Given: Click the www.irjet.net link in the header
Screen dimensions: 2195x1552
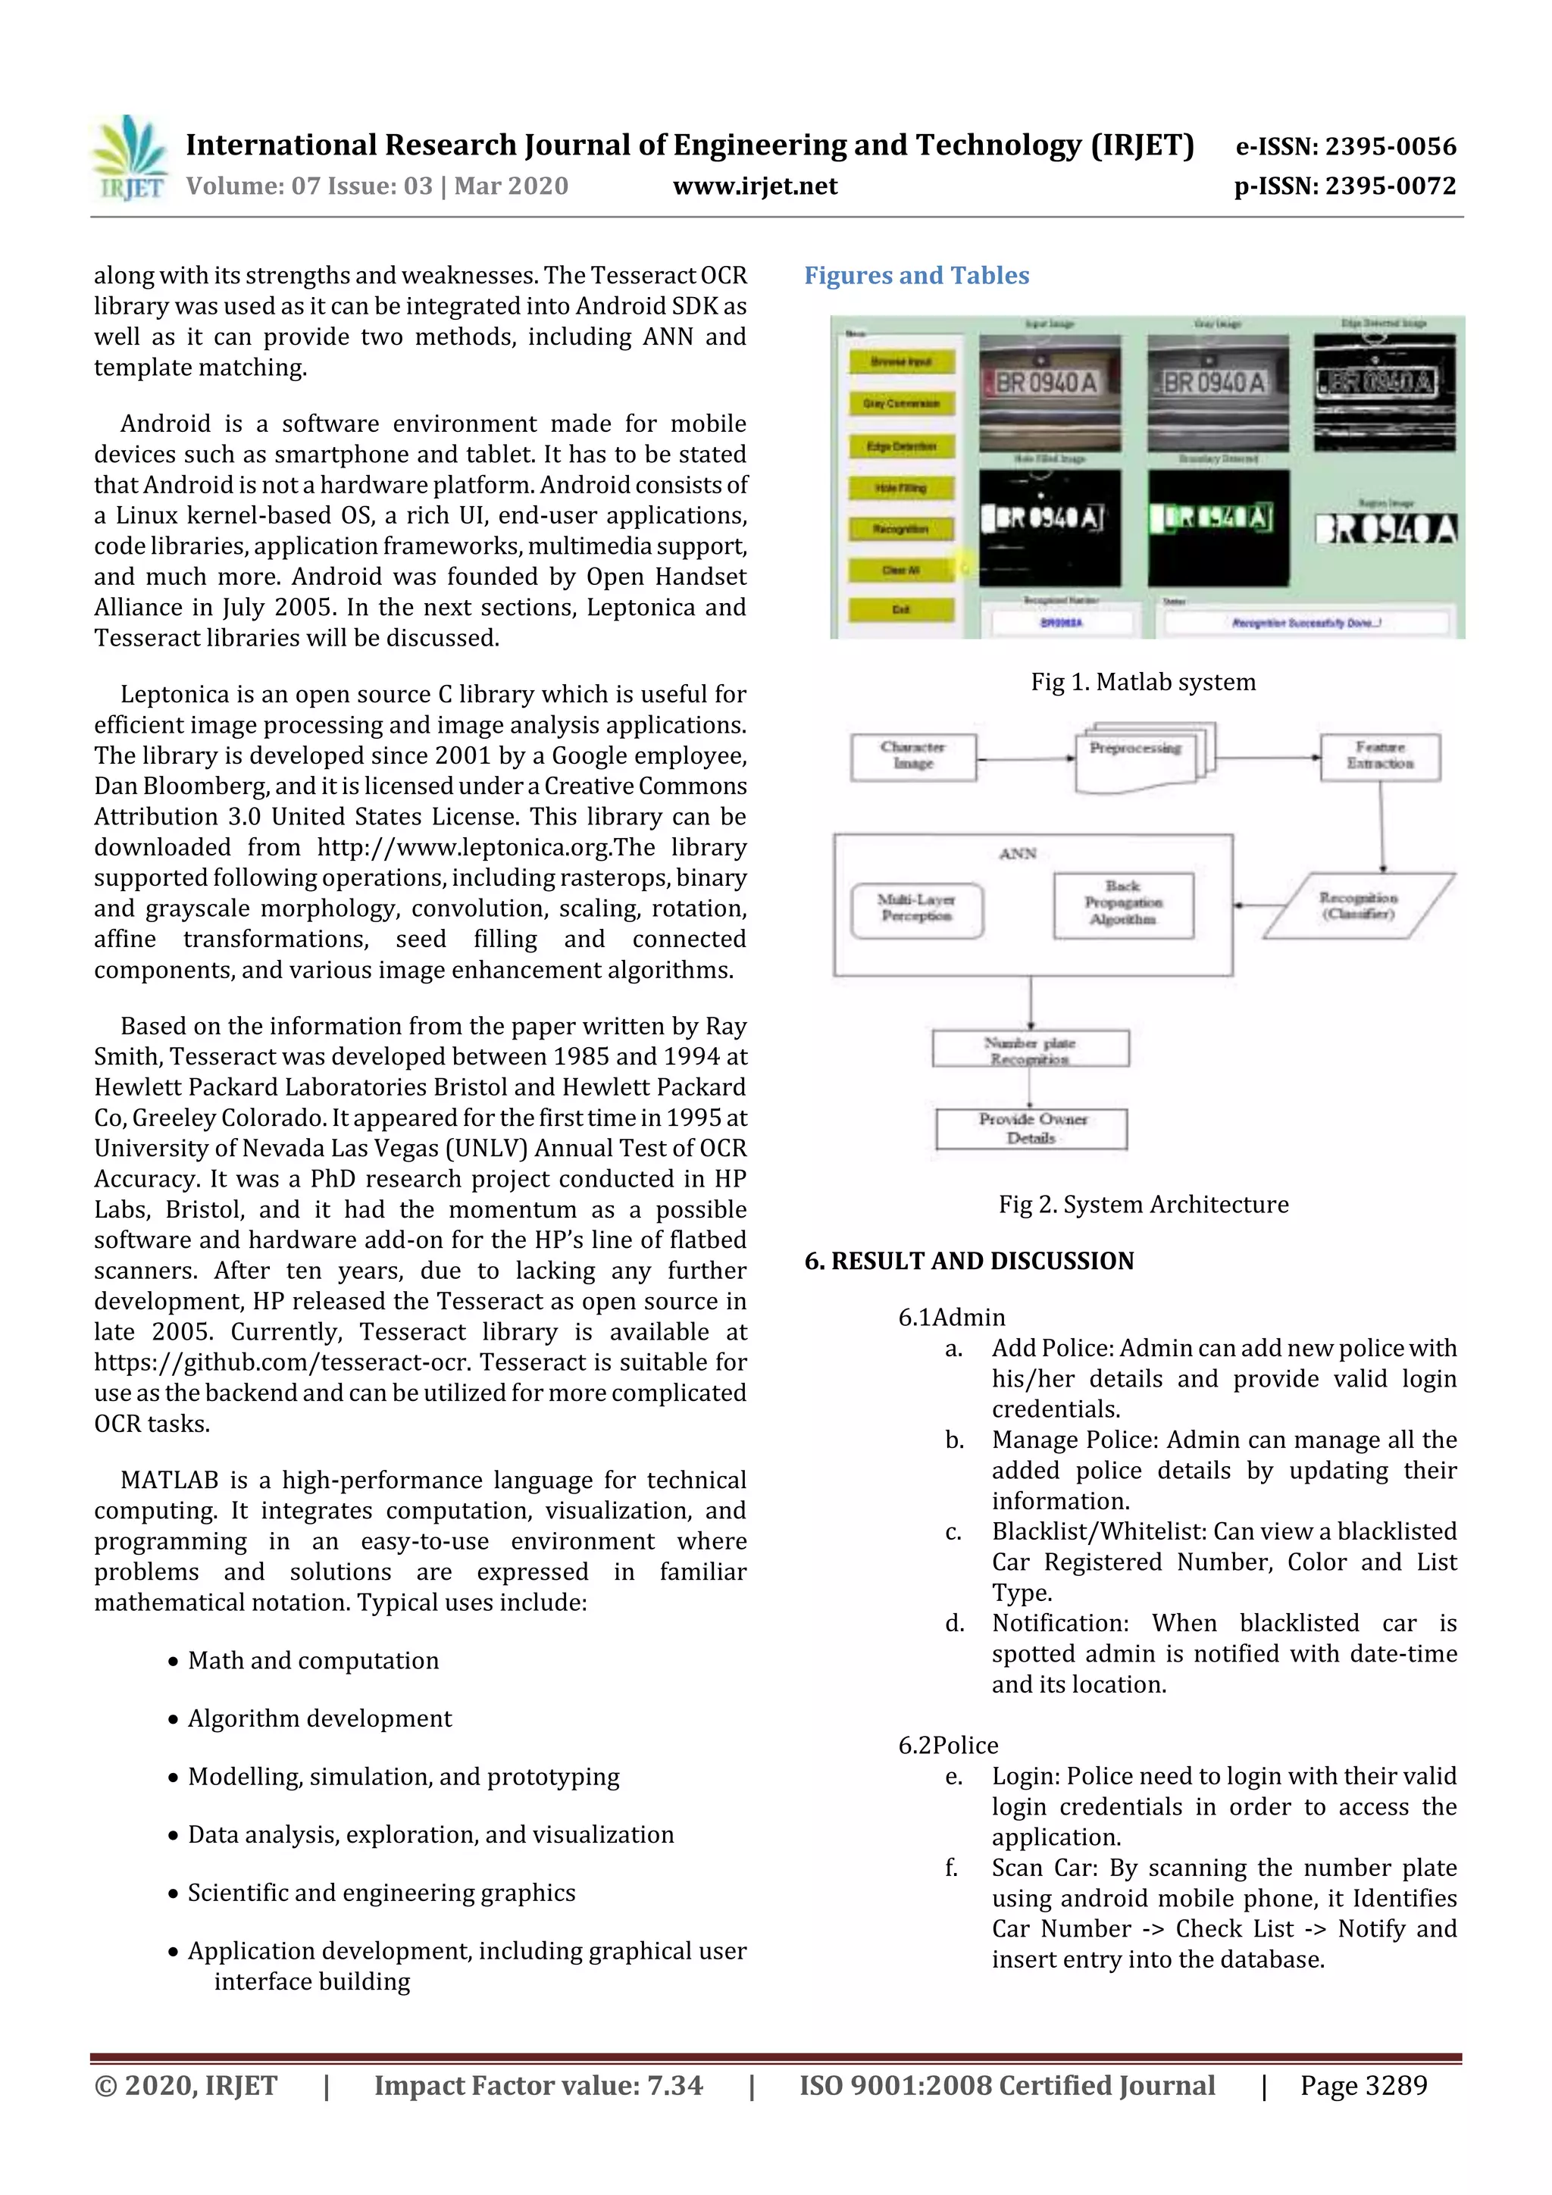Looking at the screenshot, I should [755, 186].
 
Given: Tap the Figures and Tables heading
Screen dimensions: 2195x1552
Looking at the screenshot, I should [916, 277].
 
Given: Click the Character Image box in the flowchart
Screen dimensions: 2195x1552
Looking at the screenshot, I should [913, 756].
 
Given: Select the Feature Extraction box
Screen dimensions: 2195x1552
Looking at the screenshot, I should [1380, 756].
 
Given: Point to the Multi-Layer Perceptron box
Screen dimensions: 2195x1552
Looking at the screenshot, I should [916, 909].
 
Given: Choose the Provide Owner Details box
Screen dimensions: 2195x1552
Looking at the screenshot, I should [1032, 1129].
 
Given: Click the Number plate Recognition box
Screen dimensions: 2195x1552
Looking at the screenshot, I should [1030, 1049].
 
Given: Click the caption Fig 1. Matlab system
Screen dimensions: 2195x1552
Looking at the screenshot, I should [1143, 683].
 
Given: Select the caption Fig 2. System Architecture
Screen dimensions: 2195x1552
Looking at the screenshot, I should [1143, 1205].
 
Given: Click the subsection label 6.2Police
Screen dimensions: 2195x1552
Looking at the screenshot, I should [948, 1746].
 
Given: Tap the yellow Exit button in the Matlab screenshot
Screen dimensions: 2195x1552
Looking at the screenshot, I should [901, 610].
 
